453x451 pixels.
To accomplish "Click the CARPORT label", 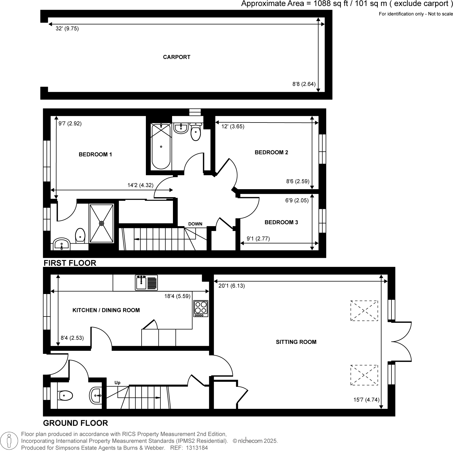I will [176, 57].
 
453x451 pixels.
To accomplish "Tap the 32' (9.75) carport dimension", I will [67, 28].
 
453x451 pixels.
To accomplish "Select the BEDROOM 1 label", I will [95, 154].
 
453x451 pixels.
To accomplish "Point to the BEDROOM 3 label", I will [281, 222].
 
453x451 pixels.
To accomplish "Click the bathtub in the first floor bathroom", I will [161, 147].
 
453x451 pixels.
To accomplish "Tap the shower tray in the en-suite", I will [101, 223].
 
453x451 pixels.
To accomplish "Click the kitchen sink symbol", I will [146, 283].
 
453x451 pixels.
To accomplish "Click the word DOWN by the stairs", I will [195, 224].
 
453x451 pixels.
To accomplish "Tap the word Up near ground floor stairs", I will [117, 383].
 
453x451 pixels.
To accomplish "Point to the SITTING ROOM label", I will [296, 342].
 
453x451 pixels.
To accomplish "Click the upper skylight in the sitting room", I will [364, 311].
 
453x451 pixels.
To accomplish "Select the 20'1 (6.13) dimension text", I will [231, 286].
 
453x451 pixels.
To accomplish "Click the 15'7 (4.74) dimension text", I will [366, 400].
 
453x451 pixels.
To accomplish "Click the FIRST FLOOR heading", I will [70, 263].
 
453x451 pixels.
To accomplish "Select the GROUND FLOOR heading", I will [75, 423].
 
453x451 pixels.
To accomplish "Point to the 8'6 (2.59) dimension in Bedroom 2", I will [297, 181].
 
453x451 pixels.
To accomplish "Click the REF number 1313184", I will [197, 448].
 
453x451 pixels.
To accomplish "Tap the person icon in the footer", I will [9, 441].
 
